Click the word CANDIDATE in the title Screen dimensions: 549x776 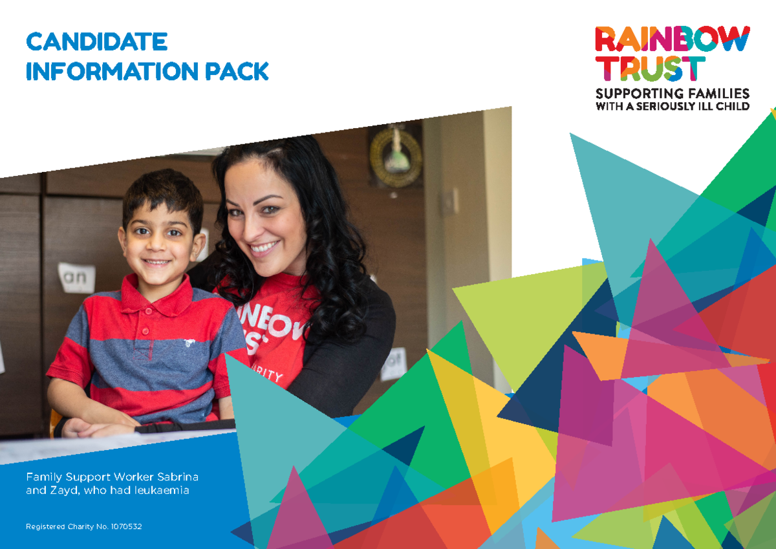(x=96, y=42)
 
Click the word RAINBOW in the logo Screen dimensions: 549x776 (x=672, y=39)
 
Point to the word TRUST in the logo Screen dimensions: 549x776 (x=650, y=69)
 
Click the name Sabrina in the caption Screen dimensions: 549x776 (x=177, y=477)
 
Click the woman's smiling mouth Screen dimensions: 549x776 (x=265, y=248)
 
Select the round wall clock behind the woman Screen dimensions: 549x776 (x=395, y=156)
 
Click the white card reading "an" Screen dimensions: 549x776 (x=76, y=277)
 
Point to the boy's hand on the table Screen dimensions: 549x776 (x=97, y=427)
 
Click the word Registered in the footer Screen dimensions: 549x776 (x=45, y=527)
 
